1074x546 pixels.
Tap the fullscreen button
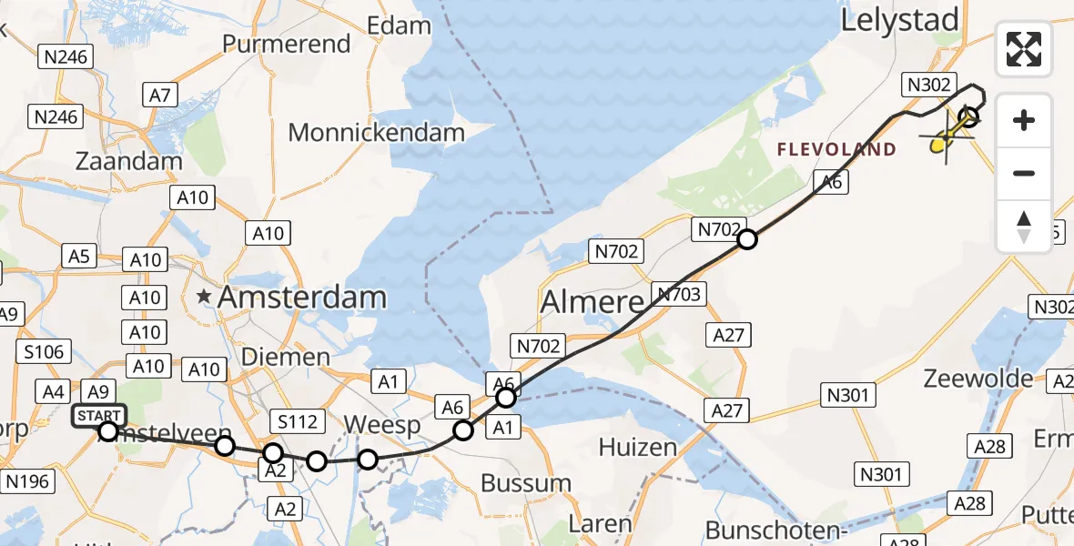[x=1024, y=49]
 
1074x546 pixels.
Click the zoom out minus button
[x=1024, y=173]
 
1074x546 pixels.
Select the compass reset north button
[x=1024, y=227]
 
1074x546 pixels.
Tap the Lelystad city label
[x=899, y=20]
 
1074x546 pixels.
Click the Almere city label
[x=593, y=301]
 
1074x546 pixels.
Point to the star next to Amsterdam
[x=203, y=297]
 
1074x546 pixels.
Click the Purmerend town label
[x=287, y=44]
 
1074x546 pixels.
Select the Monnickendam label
[x=376, y=132]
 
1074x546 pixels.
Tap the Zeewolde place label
[x=978, y=379]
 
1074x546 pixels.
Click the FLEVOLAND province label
[x=836, y=149]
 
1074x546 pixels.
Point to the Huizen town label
[x=637, y=447]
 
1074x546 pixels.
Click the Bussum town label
[x=525, y=482]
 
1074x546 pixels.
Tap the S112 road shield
[x=297, y=421]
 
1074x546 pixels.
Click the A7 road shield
[x=160, y=93]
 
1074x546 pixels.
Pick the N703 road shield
[x=676, y=293]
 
